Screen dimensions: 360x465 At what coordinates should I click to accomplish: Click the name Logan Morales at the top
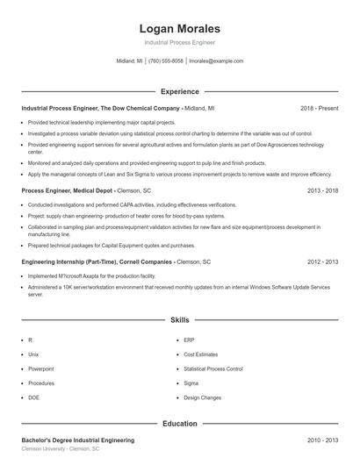[179, 28]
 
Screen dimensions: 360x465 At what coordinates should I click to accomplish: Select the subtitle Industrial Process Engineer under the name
[179, 42]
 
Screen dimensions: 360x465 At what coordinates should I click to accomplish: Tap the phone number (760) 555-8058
[166, 61]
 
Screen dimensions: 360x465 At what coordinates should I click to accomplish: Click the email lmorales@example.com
[216, 61]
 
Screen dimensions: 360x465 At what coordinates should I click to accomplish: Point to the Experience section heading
[179, 91]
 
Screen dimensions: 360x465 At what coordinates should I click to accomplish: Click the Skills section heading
[179, 321]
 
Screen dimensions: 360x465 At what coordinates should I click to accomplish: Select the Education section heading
[179, 424]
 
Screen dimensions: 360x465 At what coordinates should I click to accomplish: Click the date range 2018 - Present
[319, 108]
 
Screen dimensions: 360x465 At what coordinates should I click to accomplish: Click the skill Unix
[33, 354]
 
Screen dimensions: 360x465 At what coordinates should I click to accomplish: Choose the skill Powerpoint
[40, 369]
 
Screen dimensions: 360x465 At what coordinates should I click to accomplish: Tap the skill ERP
[189, 340]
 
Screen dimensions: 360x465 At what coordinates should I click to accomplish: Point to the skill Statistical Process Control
[212, 369]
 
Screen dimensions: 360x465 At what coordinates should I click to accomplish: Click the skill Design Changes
[202, 398]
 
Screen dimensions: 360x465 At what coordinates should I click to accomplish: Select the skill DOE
[34, 398]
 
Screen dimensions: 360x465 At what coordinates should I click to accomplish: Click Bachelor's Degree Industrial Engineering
[78, 440]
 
